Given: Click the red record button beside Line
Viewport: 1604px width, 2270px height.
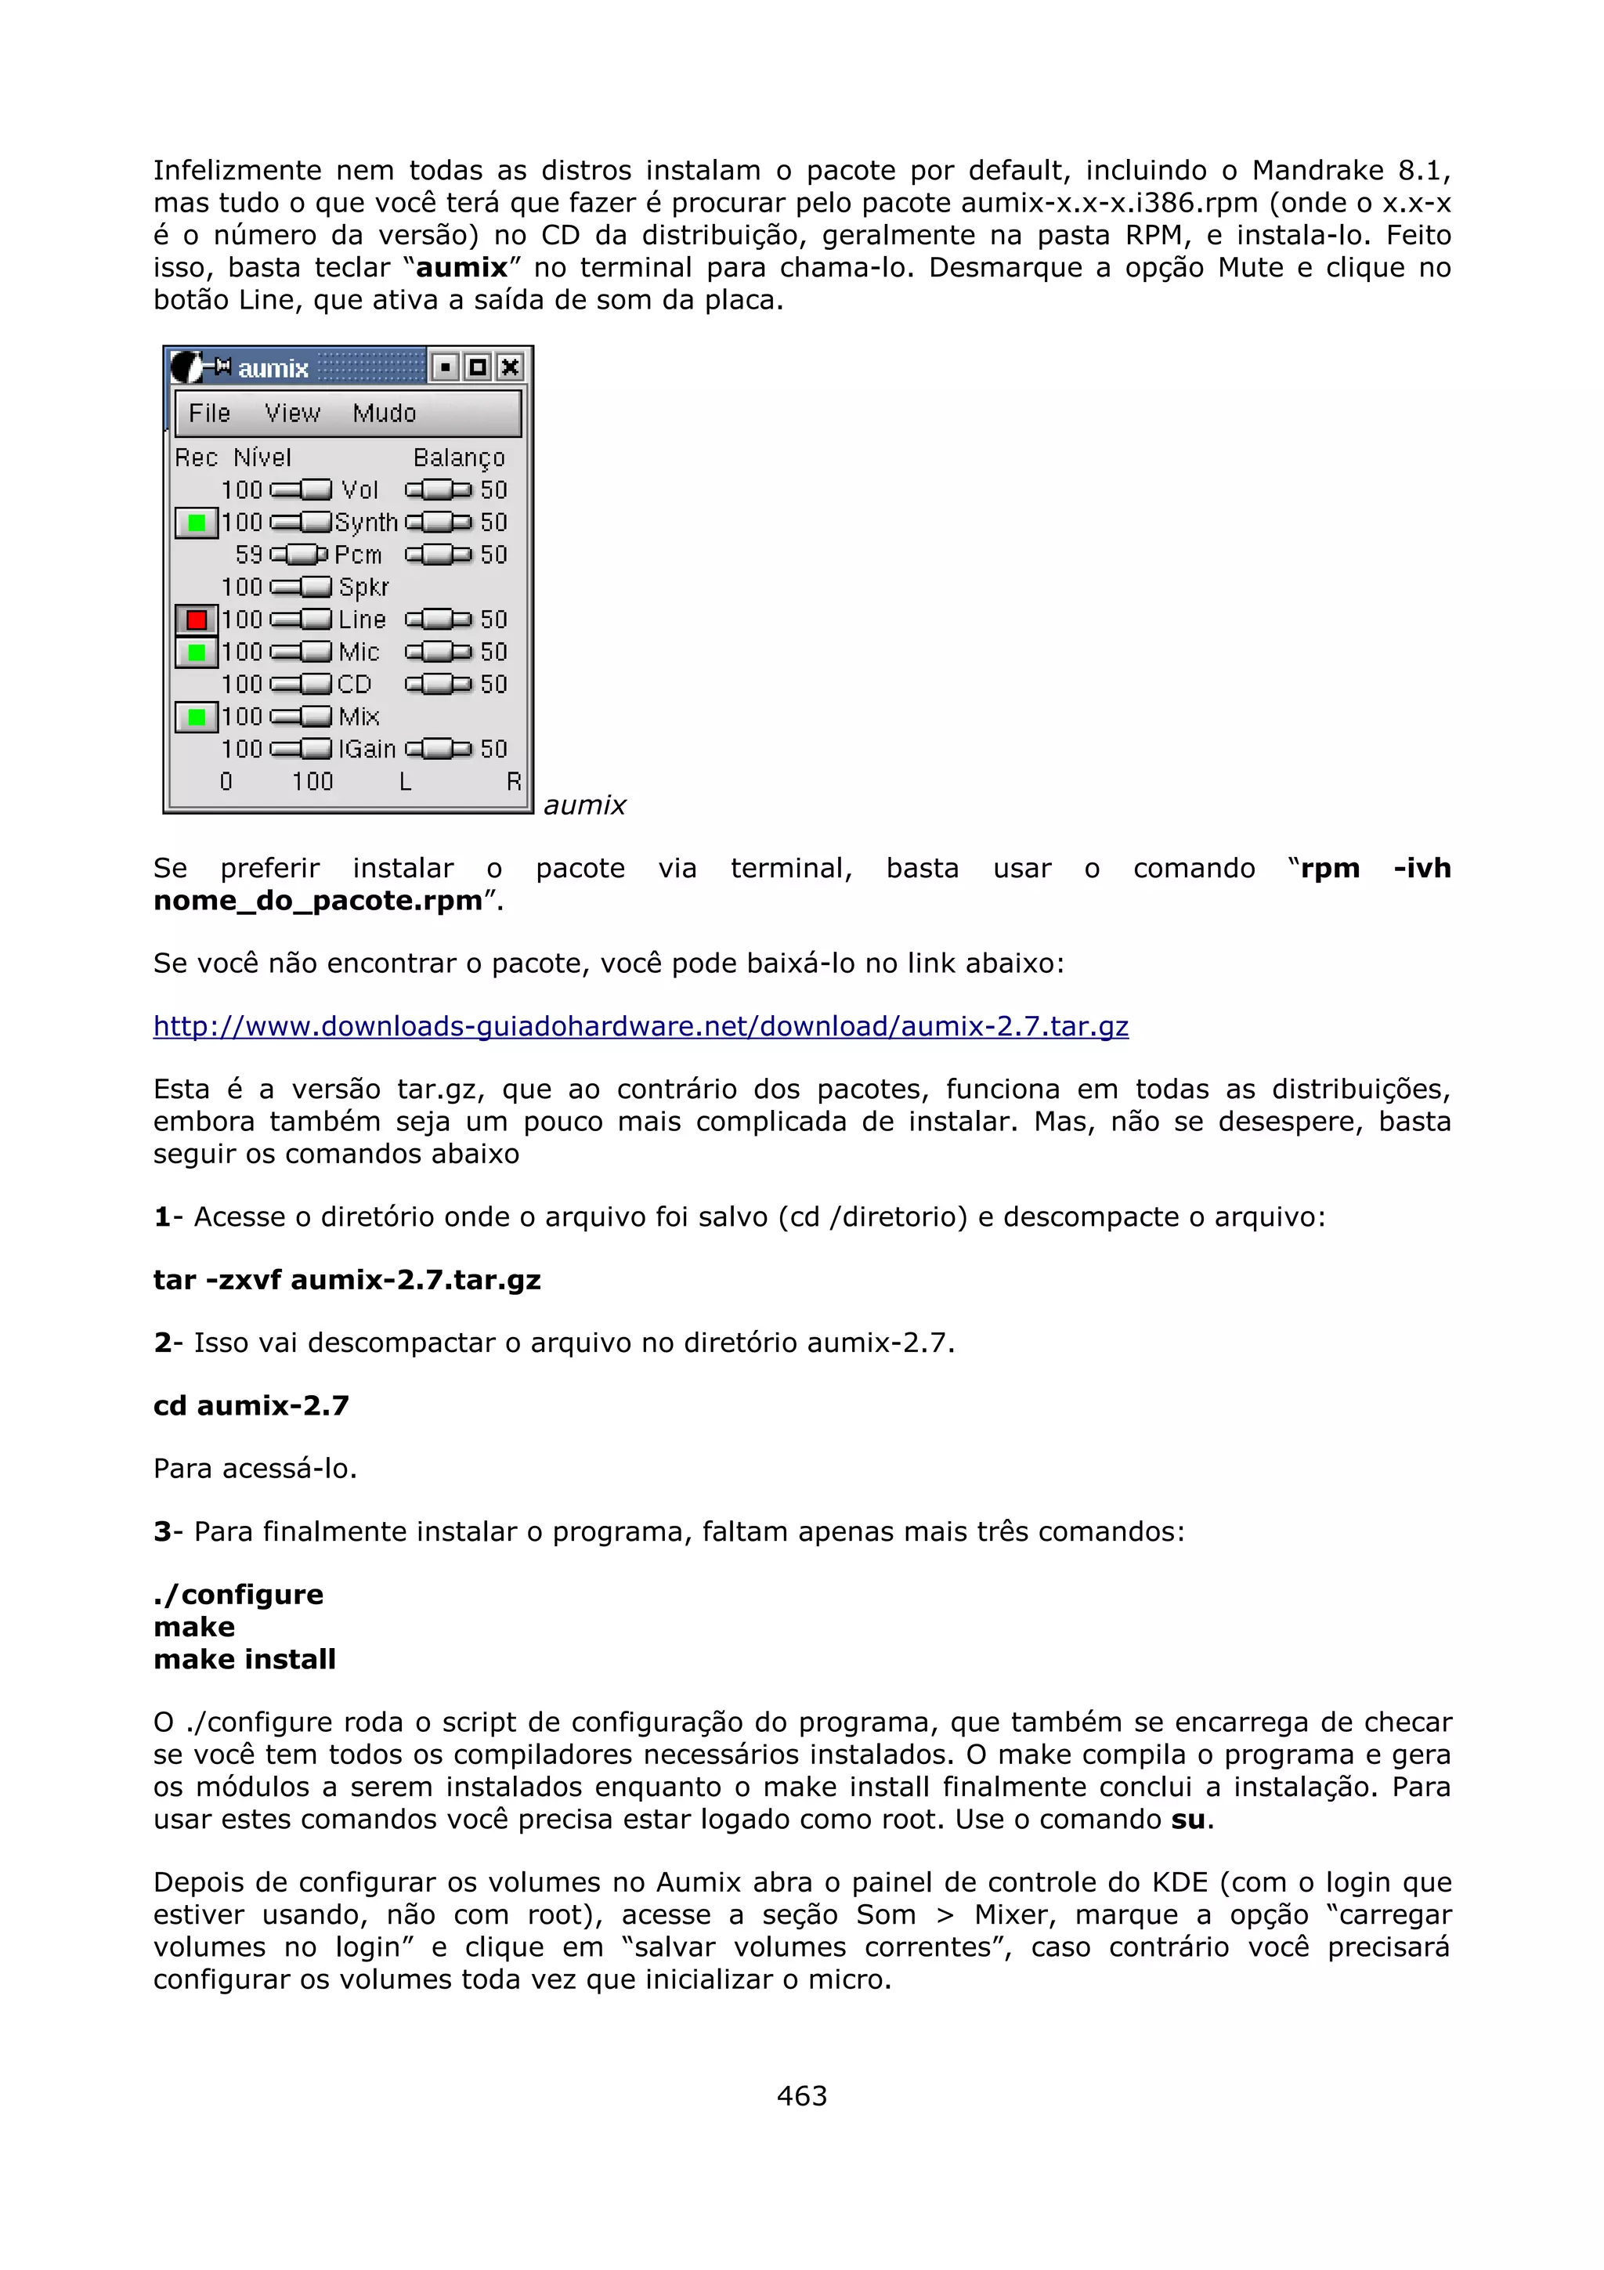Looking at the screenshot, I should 196,620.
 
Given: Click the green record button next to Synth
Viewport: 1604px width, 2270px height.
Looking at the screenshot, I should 196,523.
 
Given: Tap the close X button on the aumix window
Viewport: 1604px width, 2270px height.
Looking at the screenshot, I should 510,368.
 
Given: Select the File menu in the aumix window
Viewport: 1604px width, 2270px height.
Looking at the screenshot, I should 210,414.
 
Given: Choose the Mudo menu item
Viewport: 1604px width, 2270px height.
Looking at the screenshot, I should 385,414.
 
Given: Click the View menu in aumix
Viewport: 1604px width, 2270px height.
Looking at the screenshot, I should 293,414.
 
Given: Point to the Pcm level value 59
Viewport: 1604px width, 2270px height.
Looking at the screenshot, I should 249,555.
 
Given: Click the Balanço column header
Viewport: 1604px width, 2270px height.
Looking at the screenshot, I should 459,457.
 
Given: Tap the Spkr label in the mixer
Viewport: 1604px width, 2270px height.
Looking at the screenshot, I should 363,587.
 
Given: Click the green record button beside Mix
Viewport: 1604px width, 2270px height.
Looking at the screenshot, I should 196,717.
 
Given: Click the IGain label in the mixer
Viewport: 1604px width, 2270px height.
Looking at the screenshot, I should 367,750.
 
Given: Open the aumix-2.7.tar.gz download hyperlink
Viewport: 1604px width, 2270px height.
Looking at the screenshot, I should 641,1026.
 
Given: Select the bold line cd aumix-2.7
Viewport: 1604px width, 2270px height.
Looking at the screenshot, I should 251,1405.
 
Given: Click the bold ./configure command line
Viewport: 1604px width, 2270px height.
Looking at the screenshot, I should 238,1594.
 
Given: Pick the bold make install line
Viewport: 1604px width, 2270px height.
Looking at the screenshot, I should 244,1659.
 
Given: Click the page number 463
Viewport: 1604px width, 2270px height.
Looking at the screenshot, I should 801,2095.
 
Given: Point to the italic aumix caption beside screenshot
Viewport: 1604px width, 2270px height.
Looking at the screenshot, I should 585,806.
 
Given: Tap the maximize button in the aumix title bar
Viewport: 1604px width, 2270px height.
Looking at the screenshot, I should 477,368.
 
